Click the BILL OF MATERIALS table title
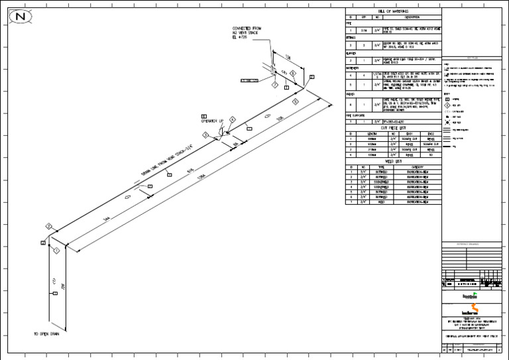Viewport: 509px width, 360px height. (x=393, y=13)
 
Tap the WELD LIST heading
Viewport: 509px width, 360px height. (x=393, y=160)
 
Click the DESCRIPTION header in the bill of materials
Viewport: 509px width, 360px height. (x=407, y=18)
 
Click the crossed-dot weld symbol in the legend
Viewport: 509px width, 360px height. (x=449, y=123)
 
